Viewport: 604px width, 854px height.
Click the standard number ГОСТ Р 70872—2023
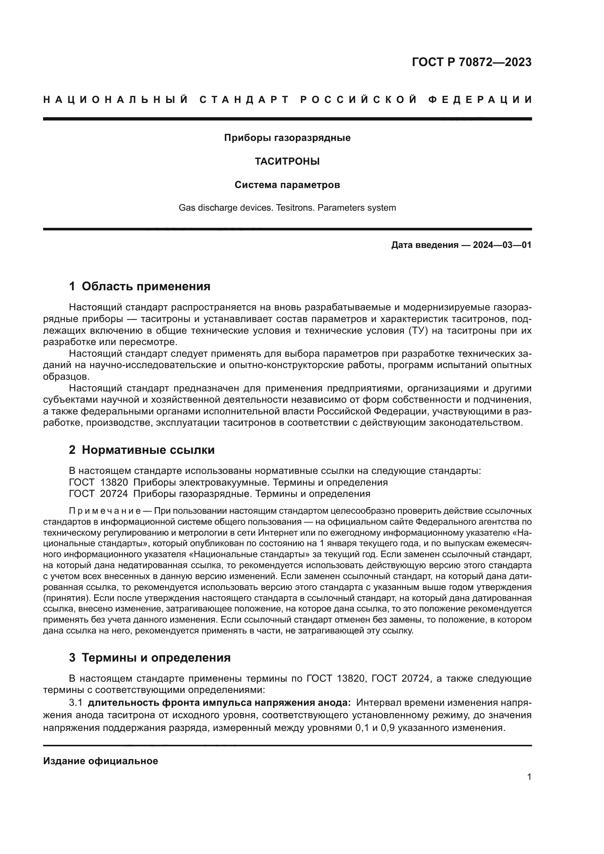[471, 62]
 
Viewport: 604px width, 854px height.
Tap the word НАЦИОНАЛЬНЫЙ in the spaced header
[116, 100]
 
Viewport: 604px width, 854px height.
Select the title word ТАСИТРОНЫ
[287, 161]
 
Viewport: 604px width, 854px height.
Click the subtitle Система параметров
[287, 185]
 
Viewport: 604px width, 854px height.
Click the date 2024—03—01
[502, 245]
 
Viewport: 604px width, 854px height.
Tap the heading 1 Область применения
[139, 286]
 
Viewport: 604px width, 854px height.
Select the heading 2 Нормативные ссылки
[142, 450]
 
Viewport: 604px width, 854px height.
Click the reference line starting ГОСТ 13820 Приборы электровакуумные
[228, 482]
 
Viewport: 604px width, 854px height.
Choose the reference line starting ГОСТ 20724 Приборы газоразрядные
[219, 494]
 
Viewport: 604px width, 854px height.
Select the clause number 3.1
[75, 702]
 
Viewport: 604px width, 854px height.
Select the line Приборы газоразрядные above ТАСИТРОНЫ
[287, 138]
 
